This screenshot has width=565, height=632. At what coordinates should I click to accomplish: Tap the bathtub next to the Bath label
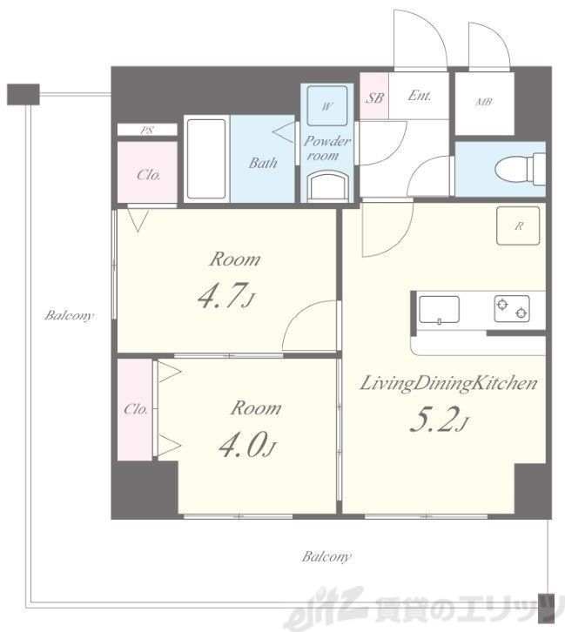pos(206,158)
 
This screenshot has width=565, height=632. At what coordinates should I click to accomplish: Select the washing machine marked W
pos(326,106)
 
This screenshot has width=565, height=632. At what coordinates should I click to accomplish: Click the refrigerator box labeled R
pos(518,225)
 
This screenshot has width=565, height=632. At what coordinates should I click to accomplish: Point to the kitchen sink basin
pos(439,310)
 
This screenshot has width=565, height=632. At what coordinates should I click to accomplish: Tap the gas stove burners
pos(512,308)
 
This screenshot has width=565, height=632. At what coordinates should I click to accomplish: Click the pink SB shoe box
pos(374,97)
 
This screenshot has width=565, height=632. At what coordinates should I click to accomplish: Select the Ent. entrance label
pos(419,96)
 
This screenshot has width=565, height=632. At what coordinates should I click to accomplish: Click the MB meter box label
pos(483,102)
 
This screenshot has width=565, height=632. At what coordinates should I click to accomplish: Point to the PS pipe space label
pos(146,131)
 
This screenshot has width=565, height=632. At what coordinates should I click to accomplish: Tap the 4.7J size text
pos(226,296)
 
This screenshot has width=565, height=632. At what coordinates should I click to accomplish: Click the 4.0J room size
pos(247,444)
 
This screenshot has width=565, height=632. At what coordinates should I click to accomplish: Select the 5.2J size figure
pos(439,420)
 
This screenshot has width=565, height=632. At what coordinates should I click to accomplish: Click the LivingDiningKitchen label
pos(448,383)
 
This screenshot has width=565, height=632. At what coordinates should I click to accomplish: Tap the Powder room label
pos(326,148)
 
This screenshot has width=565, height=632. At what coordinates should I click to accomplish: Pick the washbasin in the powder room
pos(327,185)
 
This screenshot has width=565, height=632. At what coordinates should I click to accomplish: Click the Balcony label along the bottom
pos(326,556)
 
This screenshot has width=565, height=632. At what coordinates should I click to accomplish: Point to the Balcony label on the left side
pos(69,315)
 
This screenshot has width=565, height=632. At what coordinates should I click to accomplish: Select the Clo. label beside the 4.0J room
pos(136,409)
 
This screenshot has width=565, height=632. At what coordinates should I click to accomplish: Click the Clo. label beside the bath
pos(148,174)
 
